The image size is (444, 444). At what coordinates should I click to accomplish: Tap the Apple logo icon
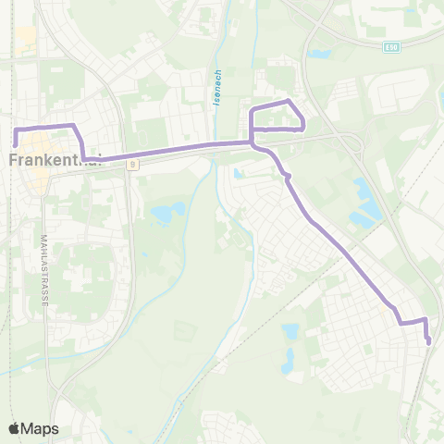point(15,428)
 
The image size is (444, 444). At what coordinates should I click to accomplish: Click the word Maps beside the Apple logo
point(41,428)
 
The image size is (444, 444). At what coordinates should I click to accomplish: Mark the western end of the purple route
point(16,143)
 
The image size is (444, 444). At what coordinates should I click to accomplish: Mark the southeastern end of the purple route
point(429,342)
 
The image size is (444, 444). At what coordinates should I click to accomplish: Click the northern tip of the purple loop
point(290,101)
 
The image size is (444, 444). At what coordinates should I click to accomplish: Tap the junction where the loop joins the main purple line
point(252,142)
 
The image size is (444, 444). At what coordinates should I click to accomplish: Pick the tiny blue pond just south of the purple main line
point(238,173)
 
